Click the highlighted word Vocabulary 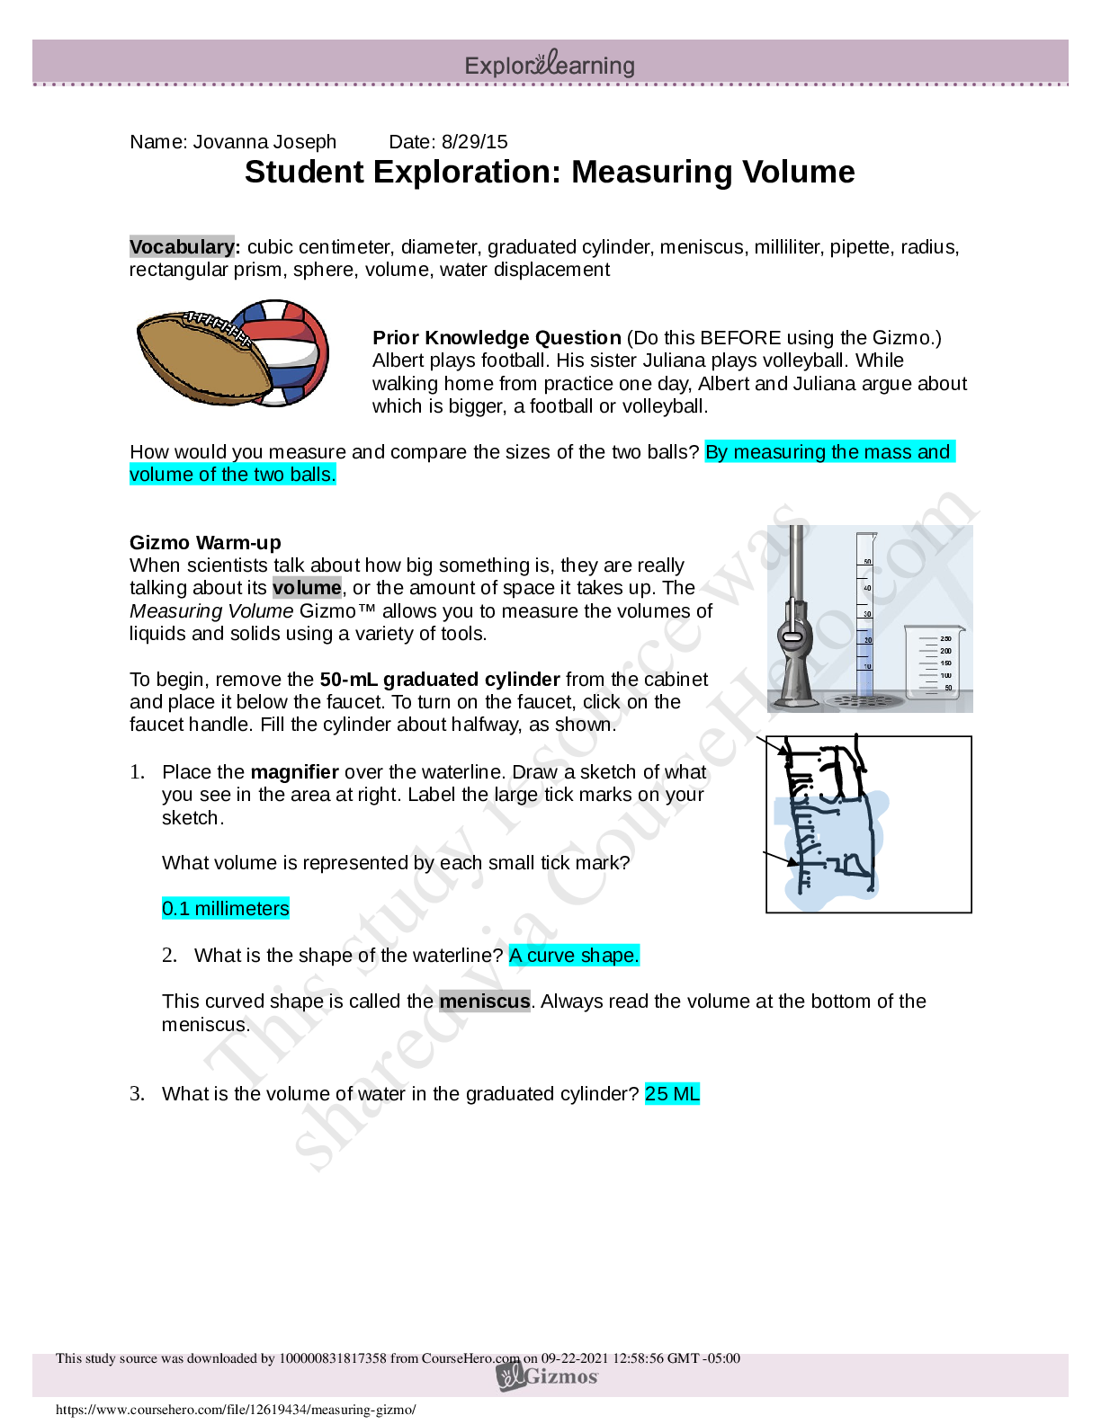(182, 247)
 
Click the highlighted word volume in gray (307, 588)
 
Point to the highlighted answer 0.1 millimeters (225, 909)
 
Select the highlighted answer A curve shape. (574, 956)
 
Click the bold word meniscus (485, 1001)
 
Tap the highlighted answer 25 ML (672, 1094)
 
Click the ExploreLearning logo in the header (550, 65)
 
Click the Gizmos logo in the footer (549, 1376)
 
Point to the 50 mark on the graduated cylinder (867, 562)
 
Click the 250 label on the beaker (945, 639)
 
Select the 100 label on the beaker (945, 675)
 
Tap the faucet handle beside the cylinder (792, 636)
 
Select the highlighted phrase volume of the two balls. (232, 475)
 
